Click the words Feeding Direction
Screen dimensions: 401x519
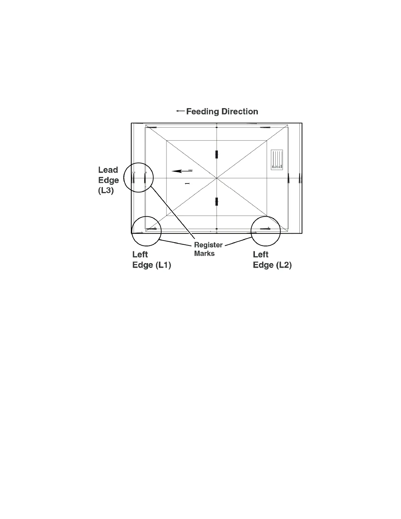(222, 112)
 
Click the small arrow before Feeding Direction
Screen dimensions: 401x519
(180, 111)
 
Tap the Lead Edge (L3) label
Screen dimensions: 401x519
(108, 180)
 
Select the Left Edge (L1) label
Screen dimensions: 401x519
(151, 260)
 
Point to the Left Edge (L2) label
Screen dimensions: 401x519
(272, 260)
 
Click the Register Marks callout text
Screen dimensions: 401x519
(208, 249)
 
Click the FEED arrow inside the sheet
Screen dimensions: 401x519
(181, 171)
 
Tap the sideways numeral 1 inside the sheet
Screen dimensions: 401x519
(187, 183)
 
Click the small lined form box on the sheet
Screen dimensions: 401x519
(277, 160)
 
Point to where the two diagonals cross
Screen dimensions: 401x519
(217, 178)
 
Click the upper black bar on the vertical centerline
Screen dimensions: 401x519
(217, 154)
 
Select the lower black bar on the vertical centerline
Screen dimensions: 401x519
(217, 202)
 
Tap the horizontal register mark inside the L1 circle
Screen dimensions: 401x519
(151, 228)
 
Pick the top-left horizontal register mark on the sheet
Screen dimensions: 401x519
(151, 127)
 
